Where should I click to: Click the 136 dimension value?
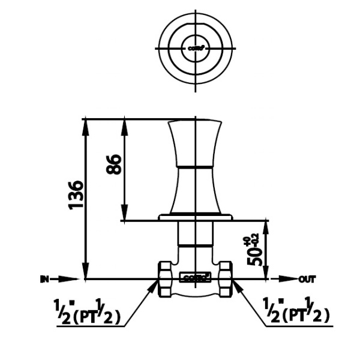(x=77, y=194)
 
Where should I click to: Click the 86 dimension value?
(x=114, y=164)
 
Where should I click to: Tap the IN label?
(x=44, y=279)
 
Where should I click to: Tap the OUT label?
(x=307, y=279)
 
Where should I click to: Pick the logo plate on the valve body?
(x=196, y=277)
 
